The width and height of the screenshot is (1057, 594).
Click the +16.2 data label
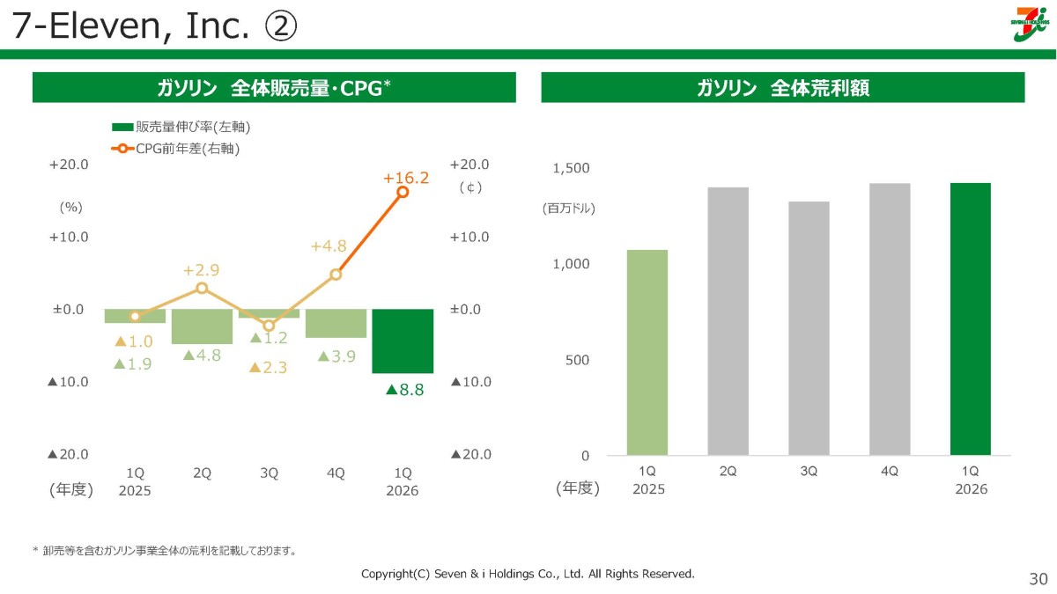coord(406,178)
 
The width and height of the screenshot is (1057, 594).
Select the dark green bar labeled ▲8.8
coord(403,341)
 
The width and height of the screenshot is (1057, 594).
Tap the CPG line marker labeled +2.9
coord(202,288)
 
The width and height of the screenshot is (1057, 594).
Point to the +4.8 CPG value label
coord(329,246)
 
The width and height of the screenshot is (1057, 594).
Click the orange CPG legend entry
coord(175,149)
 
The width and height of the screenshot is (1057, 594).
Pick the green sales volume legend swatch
coord(122,127)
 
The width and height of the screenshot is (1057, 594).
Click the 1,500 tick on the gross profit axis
coord(571,168)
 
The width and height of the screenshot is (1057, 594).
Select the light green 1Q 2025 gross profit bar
coord(647,353)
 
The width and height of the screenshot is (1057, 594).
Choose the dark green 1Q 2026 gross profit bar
coord(970,319)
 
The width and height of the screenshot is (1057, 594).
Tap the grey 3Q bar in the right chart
coord(809,328)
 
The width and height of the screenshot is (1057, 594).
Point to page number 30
coord(1039,578)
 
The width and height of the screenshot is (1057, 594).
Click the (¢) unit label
coord(470,187)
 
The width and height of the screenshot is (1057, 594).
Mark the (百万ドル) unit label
coord(569,208)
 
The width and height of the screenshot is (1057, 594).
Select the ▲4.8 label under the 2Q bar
coord(202,355)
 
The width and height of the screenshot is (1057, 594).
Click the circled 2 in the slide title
coord(281,26)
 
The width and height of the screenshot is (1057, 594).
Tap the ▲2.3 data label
coord(268,367)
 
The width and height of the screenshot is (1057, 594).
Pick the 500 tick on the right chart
coord(577,360)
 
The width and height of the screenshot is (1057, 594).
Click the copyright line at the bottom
coord(528,574)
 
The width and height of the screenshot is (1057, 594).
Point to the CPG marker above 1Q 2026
coord(403,192)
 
